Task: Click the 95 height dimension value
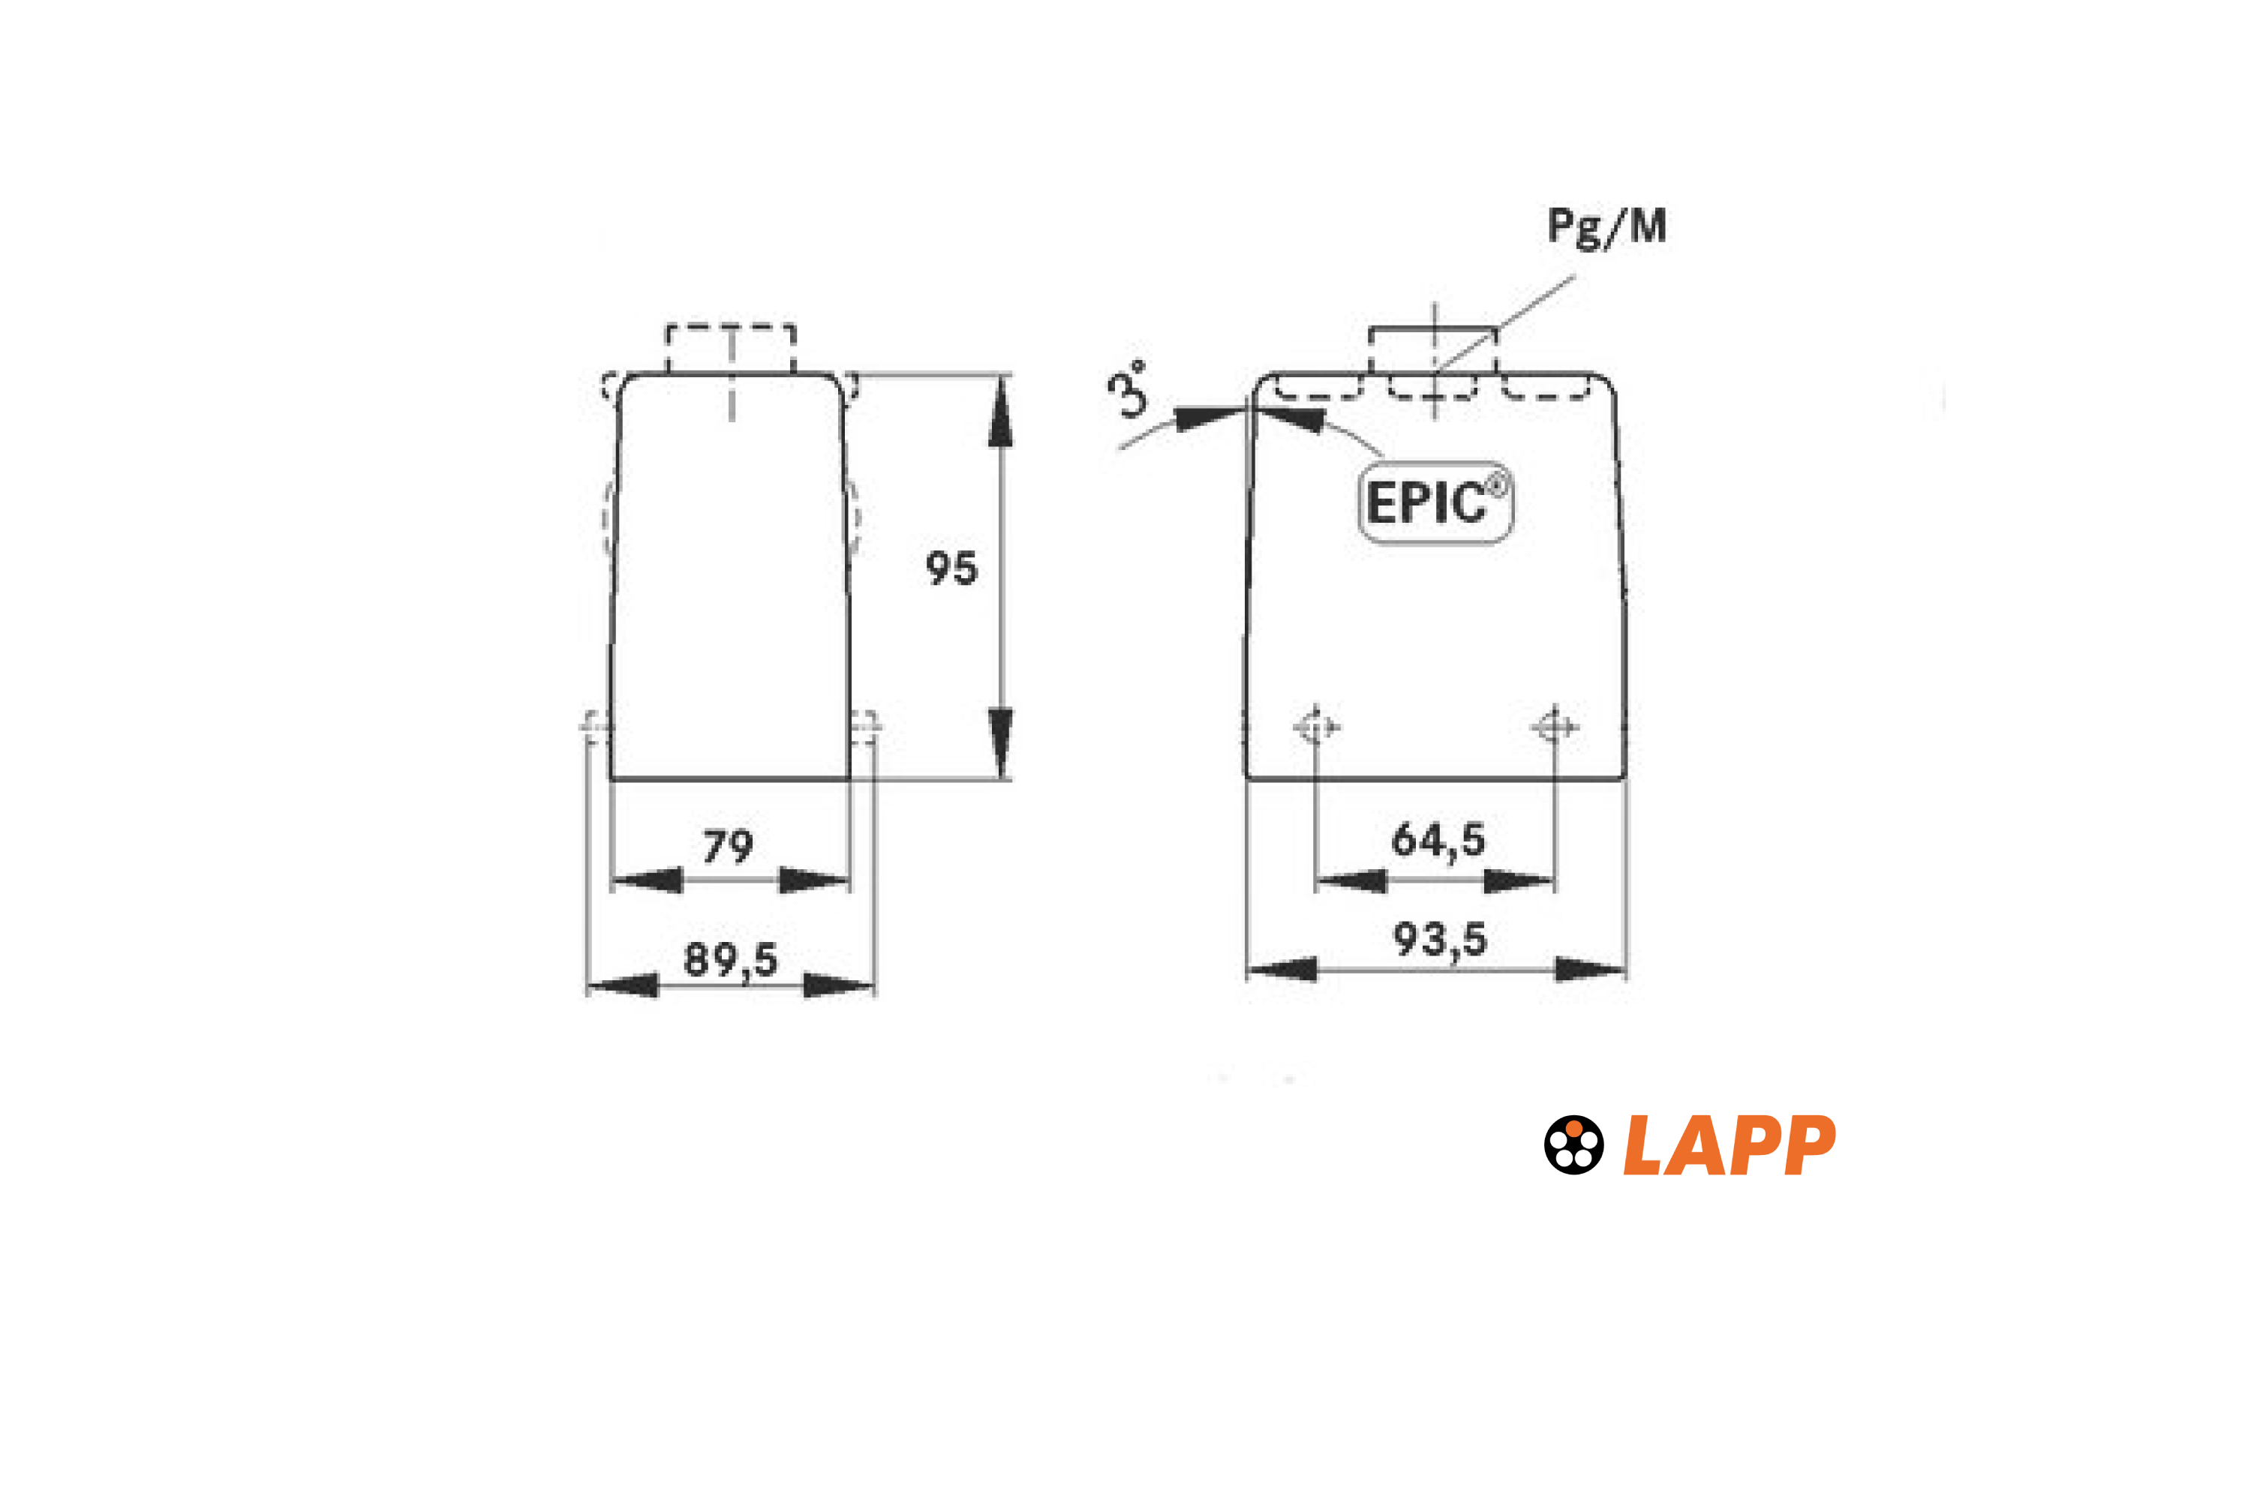951,568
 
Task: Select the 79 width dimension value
729,847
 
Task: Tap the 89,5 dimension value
730,959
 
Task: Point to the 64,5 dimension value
1438,840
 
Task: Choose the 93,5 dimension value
1439,940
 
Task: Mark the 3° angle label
1129,388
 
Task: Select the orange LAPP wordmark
1730,1145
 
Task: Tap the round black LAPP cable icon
1573,1145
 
